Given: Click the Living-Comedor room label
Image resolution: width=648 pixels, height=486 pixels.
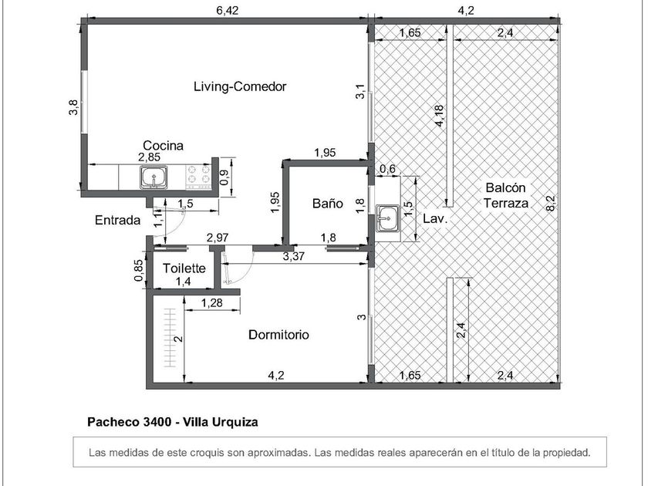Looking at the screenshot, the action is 240,86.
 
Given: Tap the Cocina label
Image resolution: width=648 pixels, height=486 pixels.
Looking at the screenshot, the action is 163,146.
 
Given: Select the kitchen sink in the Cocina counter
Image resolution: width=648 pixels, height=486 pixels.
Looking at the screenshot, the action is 154,177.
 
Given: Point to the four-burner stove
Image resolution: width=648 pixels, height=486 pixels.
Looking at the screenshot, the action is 198,174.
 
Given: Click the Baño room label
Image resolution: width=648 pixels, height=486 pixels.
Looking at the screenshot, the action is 327,204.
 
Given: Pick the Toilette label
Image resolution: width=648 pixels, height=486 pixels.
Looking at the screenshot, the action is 184,268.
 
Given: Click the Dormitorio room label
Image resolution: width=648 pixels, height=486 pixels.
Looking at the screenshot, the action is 278,334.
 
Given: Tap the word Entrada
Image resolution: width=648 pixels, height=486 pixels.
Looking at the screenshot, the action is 118,220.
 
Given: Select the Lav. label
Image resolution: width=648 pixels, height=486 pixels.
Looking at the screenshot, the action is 435,218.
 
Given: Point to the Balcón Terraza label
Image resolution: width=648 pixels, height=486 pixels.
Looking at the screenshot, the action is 506,195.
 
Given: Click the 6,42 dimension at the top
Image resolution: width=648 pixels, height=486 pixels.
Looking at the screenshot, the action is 228,11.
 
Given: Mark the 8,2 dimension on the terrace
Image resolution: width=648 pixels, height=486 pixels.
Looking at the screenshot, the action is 551,203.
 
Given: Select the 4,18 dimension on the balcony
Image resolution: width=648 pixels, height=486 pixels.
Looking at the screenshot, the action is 439,116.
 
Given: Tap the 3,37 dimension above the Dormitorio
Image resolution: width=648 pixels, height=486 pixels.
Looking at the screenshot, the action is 293,256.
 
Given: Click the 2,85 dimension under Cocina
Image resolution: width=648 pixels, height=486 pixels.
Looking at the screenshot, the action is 149,157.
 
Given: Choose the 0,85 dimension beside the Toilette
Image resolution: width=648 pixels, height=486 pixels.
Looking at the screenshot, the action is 139,270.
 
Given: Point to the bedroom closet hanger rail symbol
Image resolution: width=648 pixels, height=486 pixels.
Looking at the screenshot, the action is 170,338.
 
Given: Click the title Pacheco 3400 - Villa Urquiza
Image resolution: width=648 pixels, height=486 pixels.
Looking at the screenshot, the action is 173,422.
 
